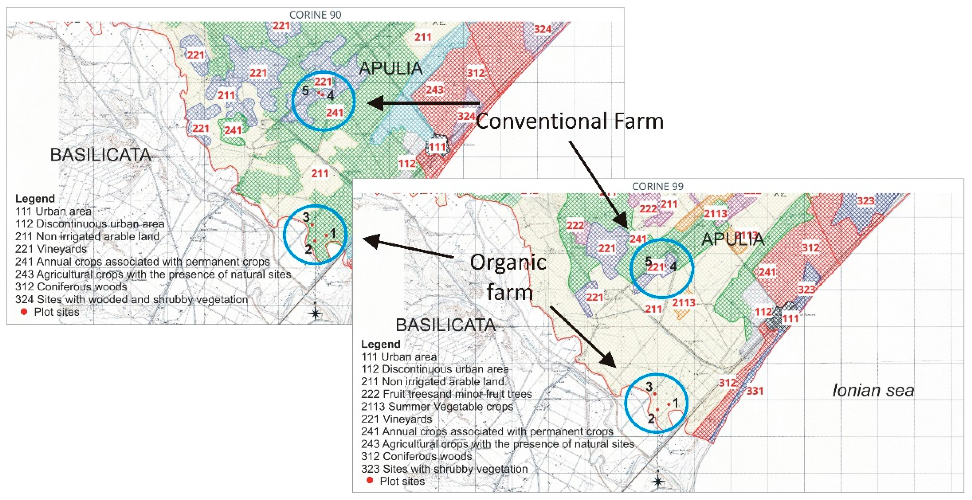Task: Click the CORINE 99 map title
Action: pyautogui.click(x=657, y=187)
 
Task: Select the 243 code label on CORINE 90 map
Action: pyautogui.click(x=435, y=90)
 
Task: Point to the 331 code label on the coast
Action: pyautogui.click(x=755, y=391)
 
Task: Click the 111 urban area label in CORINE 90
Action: pyautogui.click(x=437, y=146)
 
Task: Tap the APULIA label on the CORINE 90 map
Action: pyautogui.click(x=391, y=68)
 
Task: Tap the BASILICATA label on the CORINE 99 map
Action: pyautogui.click(x=445, y=325)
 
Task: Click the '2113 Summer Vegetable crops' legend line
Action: pyautogui.click(x=437, y=406)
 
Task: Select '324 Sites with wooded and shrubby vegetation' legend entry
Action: pyautogui.click(x=131, y=300)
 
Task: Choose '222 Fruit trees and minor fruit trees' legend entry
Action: pyautogui.click(x=446, y=394)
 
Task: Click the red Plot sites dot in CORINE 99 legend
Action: pyautogui.click(x=370, y=480)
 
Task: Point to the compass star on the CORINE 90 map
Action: pyautogui.click(x=315, y=313)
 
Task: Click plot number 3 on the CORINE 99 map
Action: pyautogui.click(x=649, y=387)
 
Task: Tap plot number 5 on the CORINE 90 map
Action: pyautogui.click(x=306, y=91)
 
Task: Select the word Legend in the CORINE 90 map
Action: pyautogui.click(x=35, y=199)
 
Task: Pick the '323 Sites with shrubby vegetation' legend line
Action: pyautogui.click(x=444, y=469)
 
